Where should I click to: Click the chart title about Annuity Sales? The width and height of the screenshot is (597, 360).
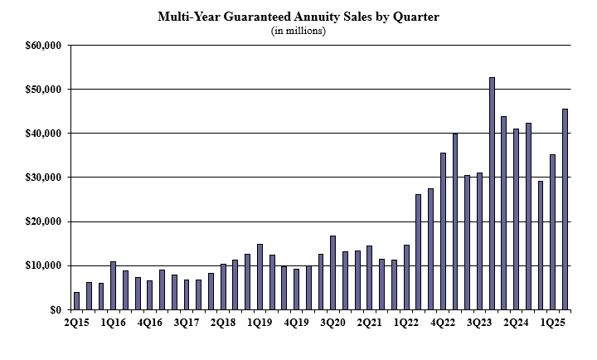pyautogui.click(x=298, y=17)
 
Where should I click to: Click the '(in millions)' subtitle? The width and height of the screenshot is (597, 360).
pyautogui.click(x=298, y=31)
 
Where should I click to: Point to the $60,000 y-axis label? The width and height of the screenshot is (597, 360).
pyautogui.click(x=44, y=45)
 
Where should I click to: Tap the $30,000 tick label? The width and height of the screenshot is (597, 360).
pyautogui.click(x=44, y=178)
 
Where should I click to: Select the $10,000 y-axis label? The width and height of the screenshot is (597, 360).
pyautogui.click(x=44, y=265)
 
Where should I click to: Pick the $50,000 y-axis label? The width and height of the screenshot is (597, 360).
pyautogui.click(x=44, y=89)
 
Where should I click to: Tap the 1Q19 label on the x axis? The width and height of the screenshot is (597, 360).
pyautogui.click(x=260, y=322)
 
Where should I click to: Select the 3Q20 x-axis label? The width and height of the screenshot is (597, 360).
pyautogui.click(x=332, y=322)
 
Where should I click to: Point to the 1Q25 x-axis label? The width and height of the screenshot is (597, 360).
pyautogui.click(x=553, y=322)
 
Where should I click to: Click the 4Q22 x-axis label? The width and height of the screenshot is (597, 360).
pyautogui.click(x=443, y=322)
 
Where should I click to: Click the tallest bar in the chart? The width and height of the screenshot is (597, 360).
pyautogui.click(x=492, y=193)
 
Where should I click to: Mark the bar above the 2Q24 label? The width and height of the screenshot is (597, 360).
pyautogui.click(x=516, y=219)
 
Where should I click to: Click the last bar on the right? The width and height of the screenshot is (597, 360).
pyautogui.click(x=565, y=209)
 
